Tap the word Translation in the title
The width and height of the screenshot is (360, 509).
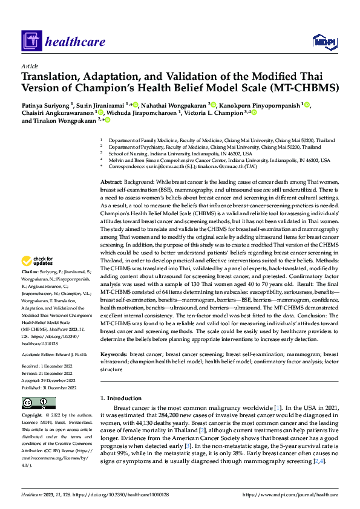coord(49,77)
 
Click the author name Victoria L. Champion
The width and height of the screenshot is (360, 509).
coord(217,112)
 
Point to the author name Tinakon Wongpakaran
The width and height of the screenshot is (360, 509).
coord(68,120)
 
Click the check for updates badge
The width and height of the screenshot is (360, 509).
coord(38,261)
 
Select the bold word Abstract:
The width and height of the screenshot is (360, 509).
coord(111,164)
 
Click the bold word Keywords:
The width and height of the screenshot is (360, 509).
coord(113,354)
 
